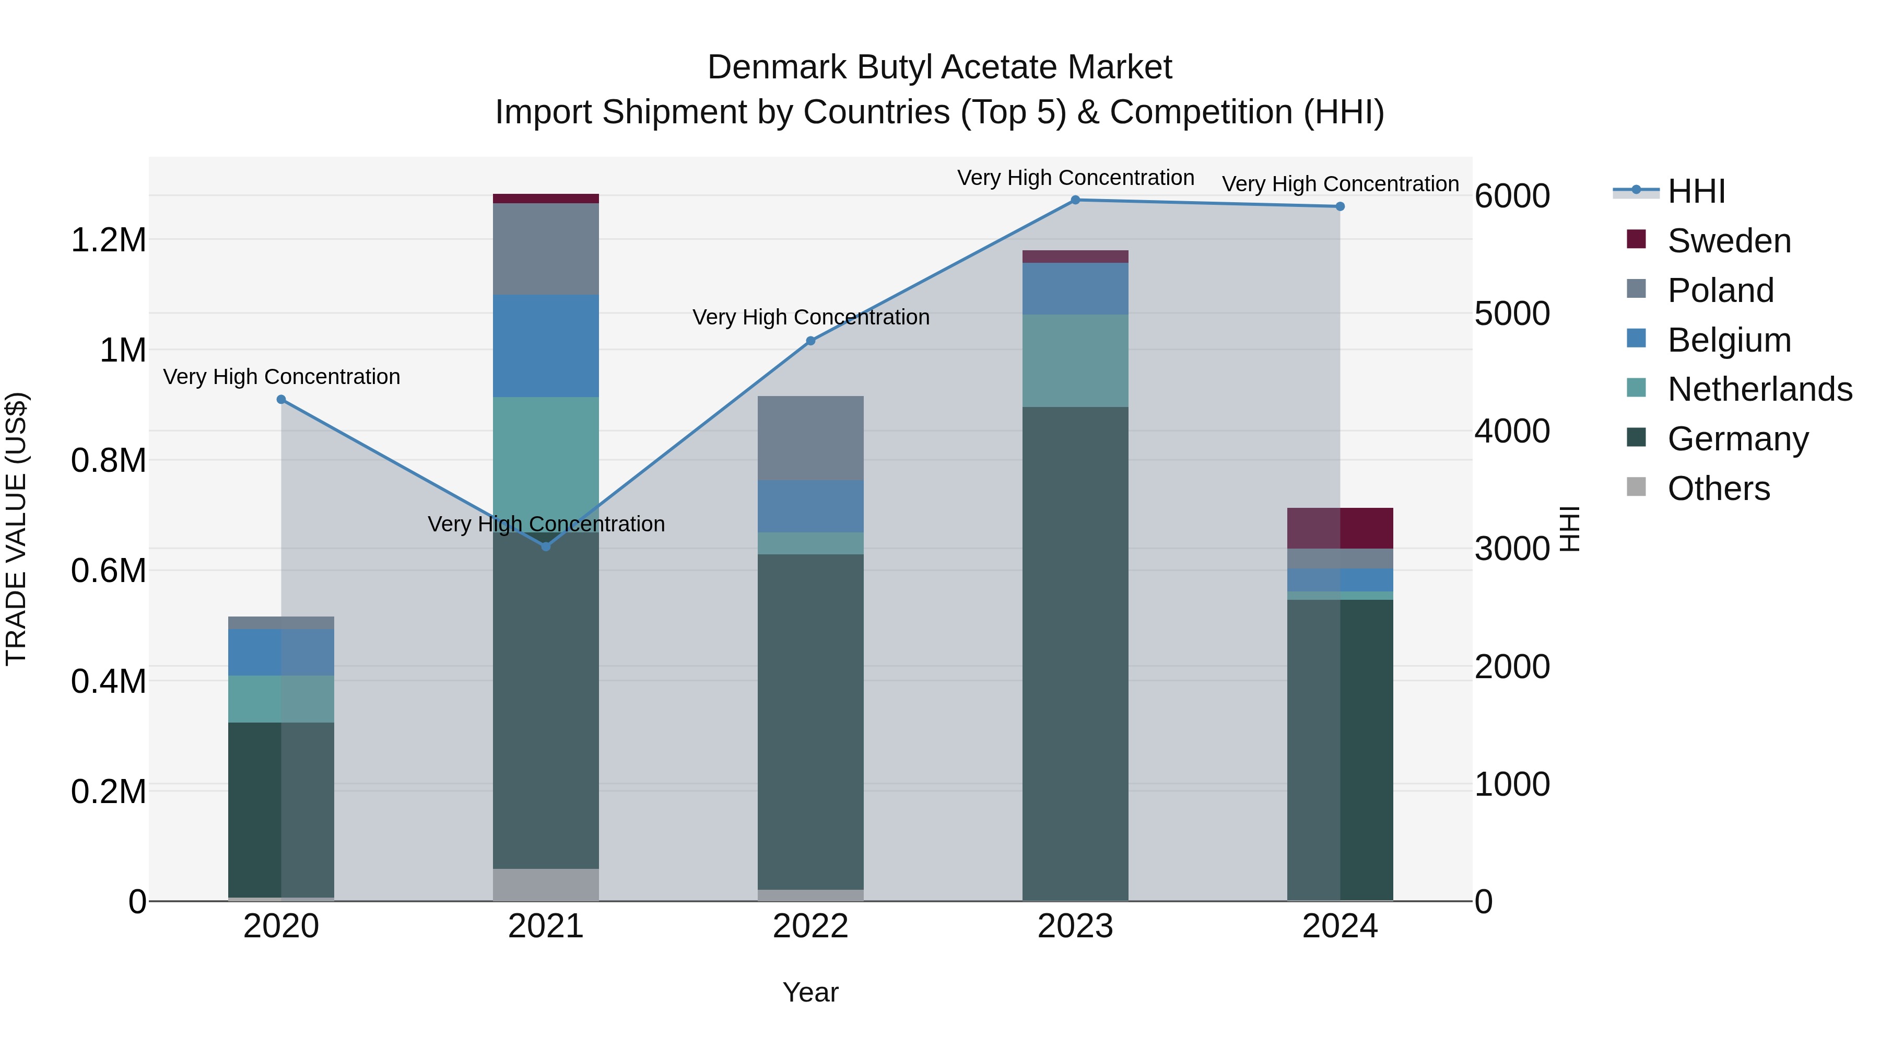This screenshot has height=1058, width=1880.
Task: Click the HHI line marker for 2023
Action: [x=1075, y=200]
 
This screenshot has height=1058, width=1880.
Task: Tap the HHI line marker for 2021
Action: [x=546, y=546]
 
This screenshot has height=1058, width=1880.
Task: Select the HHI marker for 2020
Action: [x=281, y=399]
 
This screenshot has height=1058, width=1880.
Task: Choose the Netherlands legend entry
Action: [x=1759, y=389]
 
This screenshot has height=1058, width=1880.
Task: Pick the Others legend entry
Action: [x=1718, y=489]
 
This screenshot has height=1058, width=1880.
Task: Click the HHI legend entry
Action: [x=1696, y=191]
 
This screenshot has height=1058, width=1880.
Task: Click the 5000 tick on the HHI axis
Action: [x=1511, y=314]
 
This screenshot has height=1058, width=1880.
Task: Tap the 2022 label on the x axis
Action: [x=810, y=926]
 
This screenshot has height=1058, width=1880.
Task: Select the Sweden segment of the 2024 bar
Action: [x=1340, y=528]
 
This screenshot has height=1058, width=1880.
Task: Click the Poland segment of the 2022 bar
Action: [x=810, y=438]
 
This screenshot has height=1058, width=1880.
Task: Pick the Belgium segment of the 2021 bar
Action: [x=546, y=345]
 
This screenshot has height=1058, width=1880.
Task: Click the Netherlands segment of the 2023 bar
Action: [x=1075, y=361]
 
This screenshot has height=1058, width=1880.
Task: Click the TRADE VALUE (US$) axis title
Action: [x=16, y=529]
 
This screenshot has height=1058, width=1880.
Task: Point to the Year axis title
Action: [x=810, y=992]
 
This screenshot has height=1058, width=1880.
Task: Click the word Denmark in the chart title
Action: [x=778, y=67]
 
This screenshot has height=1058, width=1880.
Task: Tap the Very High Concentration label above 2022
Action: [x=810, y=318]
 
